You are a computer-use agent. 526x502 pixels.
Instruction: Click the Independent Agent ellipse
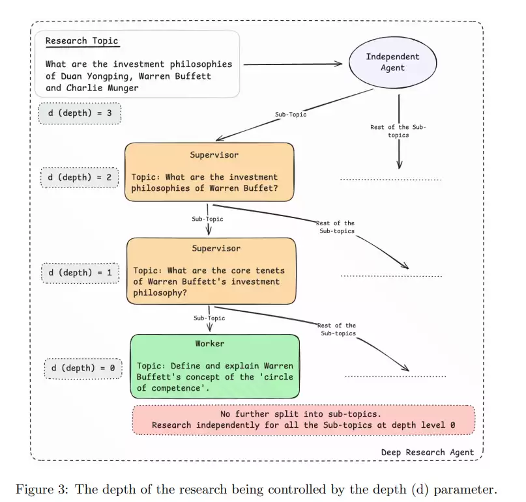393,63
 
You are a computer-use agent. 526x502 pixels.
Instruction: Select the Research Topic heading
81,41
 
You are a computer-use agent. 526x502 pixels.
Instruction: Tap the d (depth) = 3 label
80,113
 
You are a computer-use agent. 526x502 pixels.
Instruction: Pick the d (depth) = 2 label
80,177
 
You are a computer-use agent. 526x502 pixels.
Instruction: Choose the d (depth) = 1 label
80,272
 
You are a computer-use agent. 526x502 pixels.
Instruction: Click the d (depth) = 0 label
83,369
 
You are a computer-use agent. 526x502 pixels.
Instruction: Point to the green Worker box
214,367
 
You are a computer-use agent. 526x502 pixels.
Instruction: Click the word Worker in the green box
210,344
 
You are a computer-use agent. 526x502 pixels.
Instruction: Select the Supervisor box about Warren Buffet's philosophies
209,173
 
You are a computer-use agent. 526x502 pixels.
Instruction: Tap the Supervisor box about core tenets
211,270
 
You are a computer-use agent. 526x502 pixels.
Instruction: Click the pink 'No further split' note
304,420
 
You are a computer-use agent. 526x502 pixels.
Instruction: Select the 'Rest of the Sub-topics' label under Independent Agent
398,131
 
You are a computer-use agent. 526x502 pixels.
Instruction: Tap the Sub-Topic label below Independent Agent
291,115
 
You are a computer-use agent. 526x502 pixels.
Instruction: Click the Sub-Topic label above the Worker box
209,318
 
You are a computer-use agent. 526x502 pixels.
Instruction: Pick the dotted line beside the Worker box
395,376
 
